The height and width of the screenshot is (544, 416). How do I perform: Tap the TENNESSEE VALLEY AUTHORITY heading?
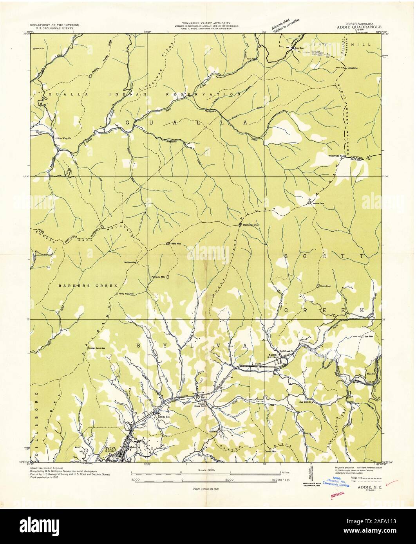pyautogui.click(x=203, y=23)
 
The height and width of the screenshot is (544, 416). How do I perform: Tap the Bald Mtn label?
pyautogui.click(x=174, y=243)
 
